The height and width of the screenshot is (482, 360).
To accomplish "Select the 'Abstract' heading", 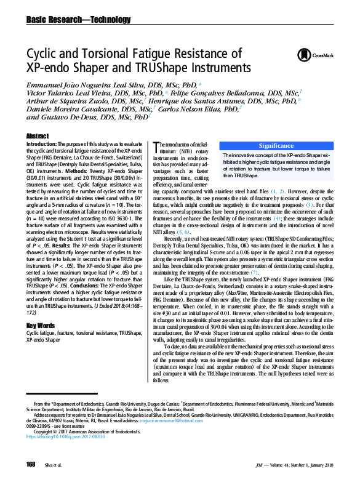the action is point(38,135).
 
